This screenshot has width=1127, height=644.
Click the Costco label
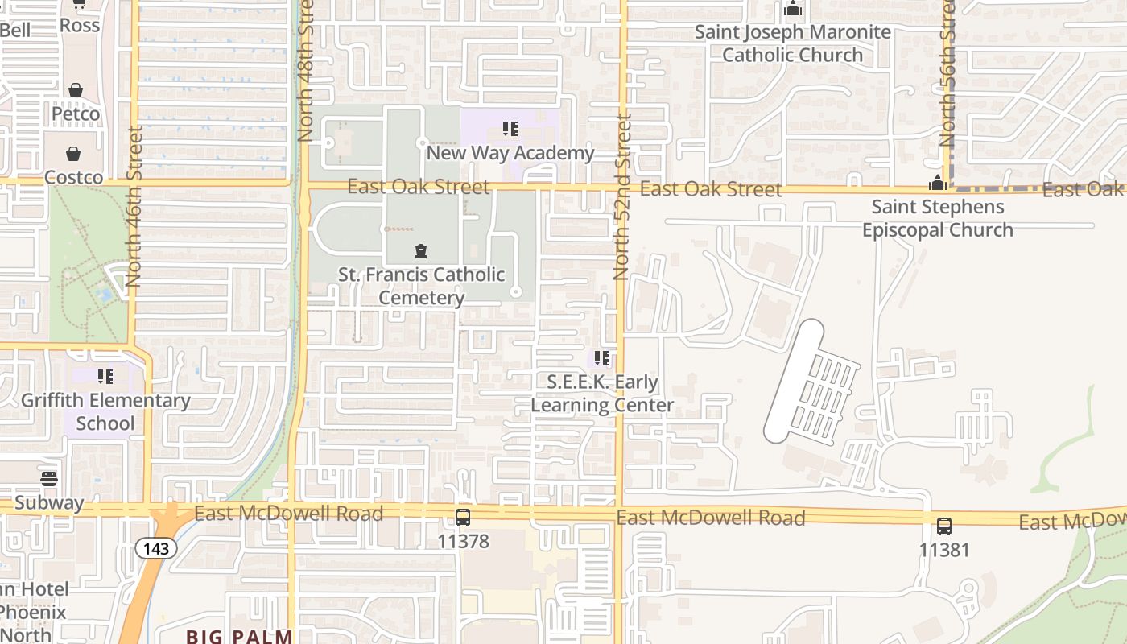[73, 177]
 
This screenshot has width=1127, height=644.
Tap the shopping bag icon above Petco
[76, 90]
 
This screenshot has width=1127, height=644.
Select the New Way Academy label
[510, 152]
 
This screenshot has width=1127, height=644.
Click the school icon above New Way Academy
[510, 129]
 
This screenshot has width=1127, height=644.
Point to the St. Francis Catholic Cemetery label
[422, 286]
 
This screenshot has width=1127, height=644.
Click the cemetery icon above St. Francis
[420, 253]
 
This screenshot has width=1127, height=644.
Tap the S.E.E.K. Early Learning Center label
[602, 393]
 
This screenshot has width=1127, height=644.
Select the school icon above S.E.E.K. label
[601, 358]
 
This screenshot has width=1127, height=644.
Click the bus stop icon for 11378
[463, 518]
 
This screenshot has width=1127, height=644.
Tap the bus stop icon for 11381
[944, 526]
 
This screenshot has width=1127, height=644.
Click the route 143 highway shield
[156, 548]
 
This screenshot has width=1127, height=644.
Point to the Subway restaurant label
[49, 503]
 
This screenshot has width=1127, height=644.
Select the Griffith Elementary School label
[105, 411]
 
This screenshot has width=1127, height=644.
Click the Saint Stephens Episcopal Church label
[938, 218]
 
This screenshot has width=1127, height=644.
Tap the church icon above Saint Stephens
[937, 183]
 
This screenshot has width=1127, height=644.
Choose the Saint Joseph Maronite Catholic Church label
[793, 43]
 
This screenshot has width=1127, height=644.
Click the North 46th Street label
[134, 206]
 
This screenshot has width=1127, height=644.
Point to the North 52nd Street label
[621, 197]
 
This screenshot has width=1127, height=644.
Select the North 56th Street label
[947, 72]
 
